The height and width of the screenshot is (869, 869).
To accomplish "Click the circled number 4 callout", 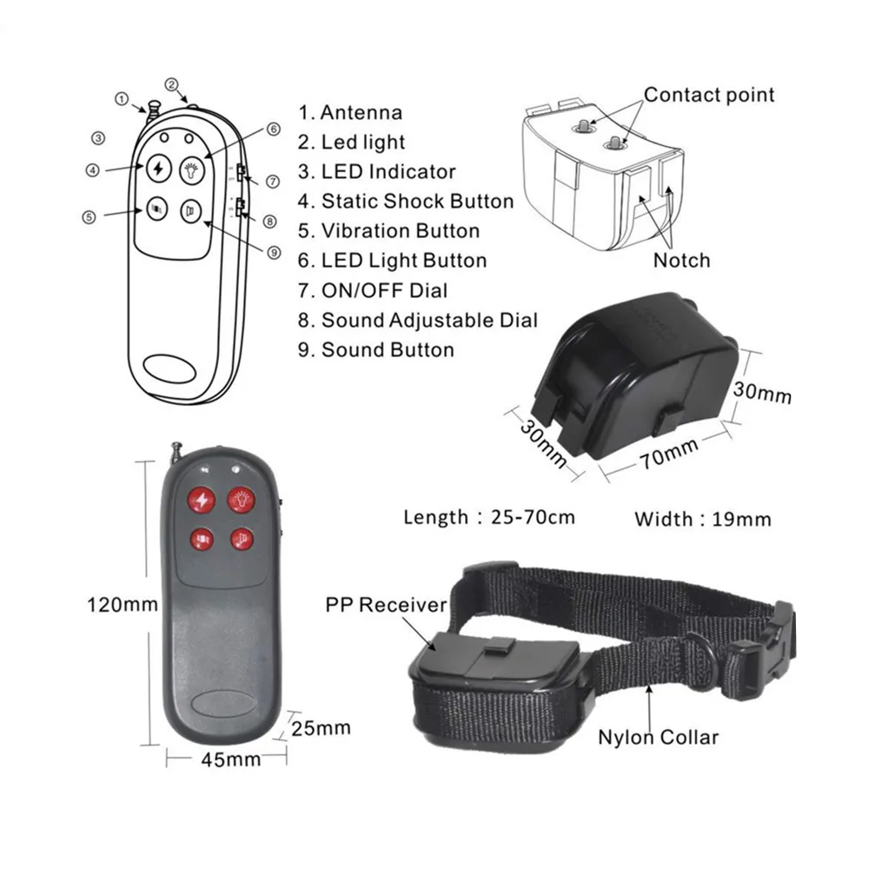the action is pos(92,170).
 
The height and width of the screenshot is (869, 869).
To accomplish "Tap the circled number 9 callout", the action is pos(274,252).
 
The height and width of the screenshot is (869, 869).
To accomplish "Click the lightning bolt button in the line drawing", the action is pos(157,169).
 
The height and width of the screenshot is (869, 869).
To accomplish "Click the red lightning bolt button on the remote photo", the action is pos(202,500).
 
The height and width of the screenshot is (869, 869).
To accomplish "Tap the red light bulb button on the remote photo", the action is pos(241,500).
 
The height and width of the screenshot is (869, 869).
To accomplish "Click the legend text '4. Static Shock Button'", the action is pos(406,202).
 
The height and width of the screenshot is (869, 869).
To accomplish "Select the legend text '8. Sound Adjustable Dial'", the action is pos(418,320).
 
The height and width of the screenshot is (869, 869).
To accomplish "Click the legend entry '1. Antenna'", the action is pos(351,112).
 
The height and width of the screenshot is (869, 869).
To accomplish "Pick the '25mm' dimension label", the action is pos(321,726).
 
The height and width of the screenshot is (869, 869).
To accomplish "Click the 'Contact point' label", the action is pos(709,95).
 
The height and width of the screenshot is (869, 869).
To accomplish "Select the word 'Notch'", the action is pos(681,260).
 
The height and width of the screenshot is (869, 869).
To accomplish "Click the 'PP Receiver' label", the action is pos(386,605).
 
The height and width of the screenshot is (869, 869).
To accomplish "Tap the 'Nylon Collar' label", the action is pos(658,738).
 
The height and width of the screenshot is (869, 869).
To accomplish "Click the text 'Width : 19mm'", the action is pos(702,520).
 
